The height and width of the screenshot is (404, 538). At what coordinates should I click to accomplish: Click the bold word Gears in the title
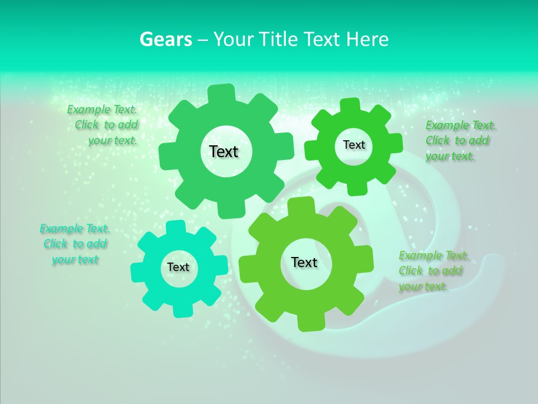[x=165, y=40]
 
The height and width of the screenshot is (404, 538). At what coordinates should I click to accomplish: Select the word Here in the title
[x=367, y=40]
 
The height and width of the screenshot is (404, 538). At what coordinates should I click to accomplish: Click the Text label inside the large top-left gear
[x=224, y=151]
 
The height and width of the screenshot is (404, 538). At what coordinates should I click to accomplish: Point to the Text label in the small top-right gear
[x=354, y=145]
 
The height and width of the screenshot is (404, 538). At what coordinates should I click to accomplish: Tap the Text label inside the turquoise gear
[x=178, y=267]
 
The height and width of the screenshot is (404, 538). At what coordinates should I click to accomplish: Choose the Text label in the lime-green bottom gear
[x=304, y=262]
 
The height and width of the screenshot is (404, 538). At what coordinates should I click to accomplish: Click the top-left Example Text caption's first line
[x=102, y=109]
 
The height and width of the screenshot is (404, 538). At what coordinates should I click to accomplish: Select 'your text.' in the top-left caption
[x=113, y=140]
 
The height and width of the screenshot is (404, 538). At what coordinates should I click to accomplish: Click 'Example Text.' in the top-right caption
[x=461, y=125]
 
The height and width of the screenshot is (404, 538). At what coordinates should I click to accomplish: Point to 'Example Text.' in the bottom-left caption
[x=75, y=228]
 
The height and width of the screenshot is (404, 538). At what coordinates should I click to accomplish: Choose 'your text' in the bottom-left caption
[x=75, y=259]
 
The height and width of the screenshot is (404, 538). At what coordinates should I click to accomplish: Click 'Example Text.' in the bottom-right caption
[x=434, y=255]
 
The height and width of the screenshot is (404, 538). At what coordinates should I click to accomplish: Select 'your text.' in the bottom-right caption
[x=423, y=286]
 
